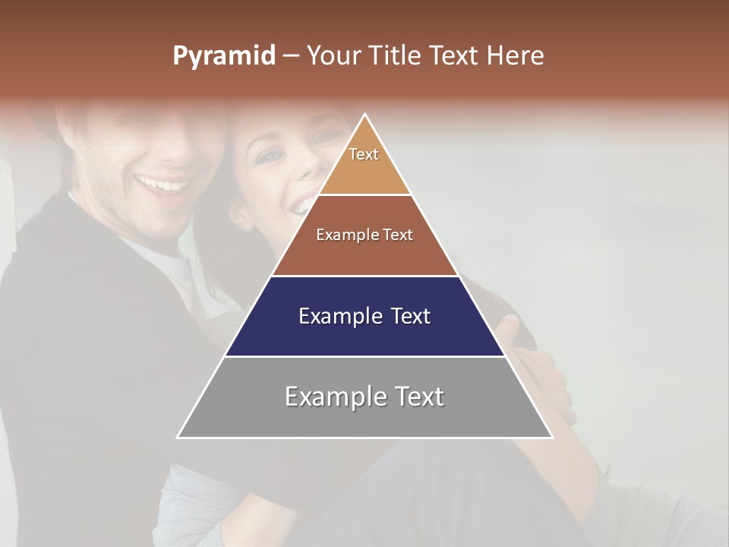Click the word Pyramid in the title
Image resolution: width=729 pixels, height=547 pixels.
(223, 56)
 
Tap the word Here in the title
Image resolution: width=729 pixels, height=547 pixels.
(516, 56)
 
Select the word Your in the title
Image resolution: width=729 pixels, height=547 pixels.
(334, 56)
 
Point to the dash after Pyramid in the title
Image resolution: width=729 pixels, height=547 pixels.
(290, 56)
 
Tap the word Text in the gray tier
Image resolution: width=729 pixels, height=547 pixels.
(418, 397)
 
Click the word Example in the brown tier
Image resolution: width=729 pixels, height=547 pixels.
(347, 236)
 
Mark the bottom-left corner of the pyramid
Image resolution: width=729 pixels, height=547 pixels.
(178, 437)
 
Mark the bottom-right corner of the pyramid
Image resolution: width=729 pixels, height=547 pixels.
(552, 437)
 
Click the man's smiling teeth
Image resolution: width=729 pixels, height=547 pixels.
(163, 184)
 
